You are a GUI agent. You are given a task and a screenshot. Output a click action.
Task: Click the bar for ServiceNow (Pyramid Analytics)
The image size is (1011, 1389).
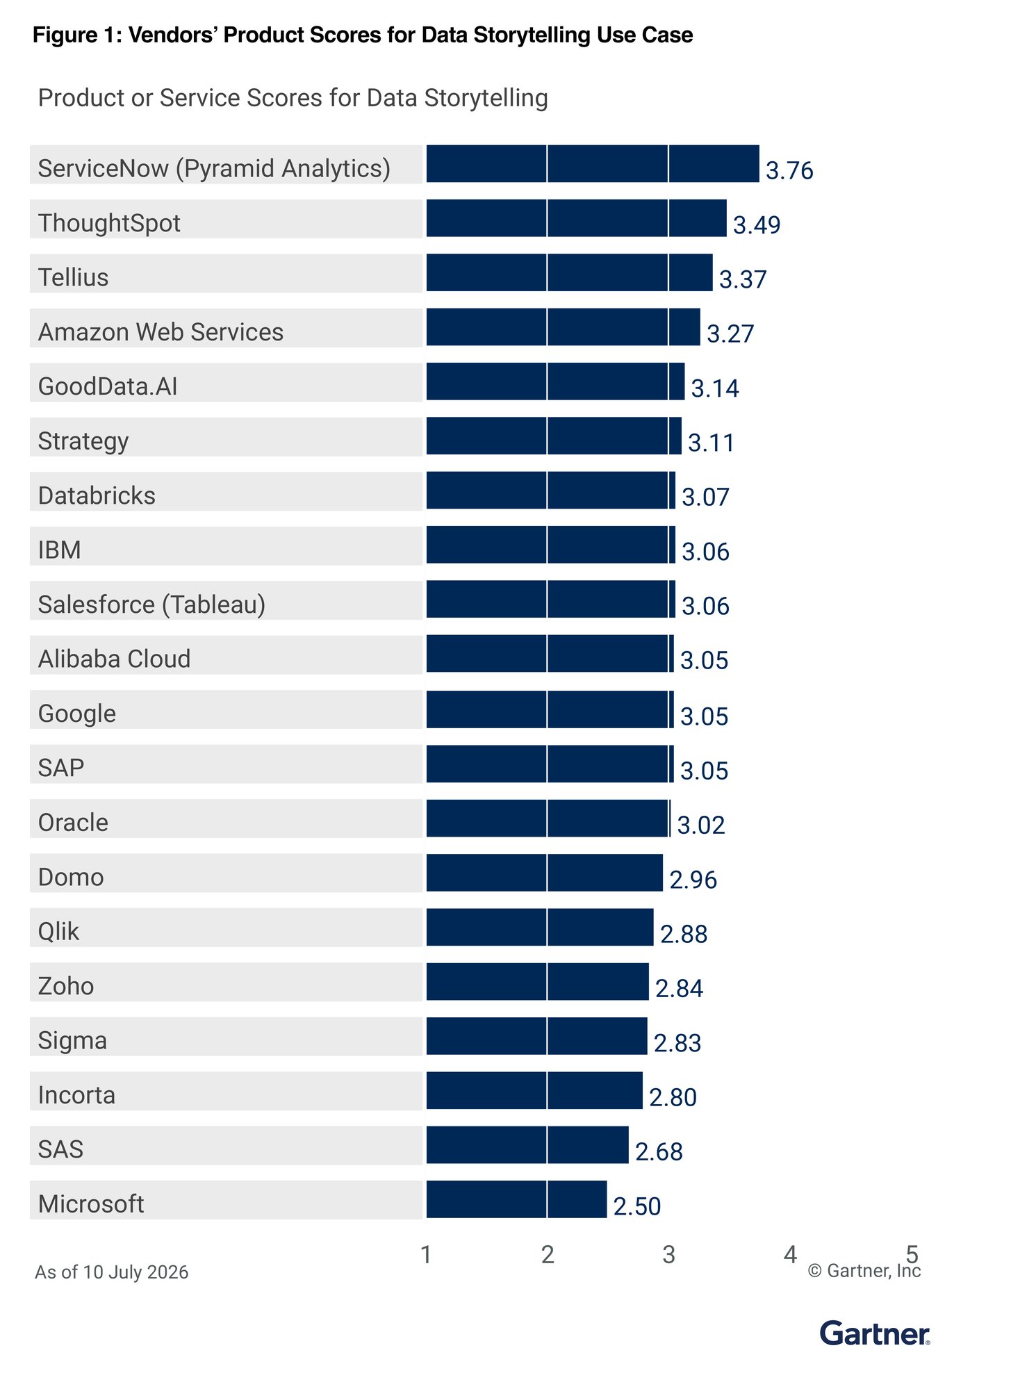click(x=593, y=164)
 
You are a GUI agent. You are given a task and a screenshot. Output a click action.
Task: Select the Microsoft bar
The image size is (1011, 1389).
click(x=516, y=1199)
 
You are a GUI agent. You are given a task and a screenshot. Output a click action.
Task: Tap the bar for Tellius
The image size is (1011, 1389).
click(x=569, y=272)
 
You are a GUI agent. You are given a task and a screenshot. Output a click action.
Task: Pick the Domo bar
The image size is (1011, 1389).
click(x=544, y=873)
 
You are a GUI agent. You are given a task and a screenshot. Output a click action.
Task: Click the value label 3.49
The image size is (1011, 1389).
click(x=757, y=225)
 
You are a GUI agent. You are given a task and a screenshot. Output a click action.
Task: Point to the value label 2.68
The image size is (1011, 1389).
click(x=659, y=1152)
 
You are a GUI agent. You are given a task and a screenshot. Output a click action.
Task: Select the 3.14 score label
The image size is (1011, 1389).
click(x=715, y=388)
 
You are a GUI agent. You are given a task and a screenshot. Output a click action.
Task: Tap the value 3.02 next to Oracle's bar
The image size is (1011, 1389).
click(x=701, y=825)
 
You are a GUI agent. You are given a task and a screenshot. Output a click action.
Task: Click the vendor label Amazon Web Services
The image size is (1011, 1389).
click(x=161, y=332)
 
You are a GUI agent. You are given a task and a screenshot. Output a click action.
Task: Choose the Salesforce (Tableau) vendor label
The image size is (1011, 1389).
click(x=151, y=605)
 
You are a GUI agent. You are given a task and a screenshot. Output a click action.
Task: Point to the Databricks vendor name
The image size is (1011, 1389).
click(x=97, y=495)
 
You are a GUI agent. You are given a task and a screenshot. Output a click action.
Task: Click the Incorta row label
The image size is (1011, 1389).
click(x=76, y=1095)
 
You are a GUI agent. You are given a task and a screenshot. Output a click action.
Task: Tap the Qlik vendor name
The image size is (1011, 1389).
click(x=58, y=931)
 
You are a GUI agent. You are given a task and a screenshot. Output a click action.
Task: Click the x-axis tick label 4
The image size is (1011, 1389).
click(x=790, y=1254)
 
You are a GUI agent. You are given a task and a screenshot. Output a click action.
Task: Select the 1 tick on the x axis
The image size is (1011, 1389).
click(x=426, y=1254)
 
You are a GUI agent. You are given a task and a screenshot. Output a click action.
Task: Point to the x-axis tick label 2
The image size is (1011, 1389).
click(x=548, y=1254)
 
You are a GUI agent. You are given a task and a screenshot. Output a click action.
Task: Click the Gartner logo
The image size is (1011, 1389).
click(x=875, y=1333)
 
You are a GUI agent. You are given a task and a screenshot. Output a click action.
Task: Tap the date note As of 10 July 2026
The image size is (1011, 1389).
click(x=112, y=1272)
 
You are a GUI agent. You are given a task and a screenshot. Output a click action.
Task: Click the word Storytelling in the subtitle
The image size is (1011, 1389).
click(x=486, y=99)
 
